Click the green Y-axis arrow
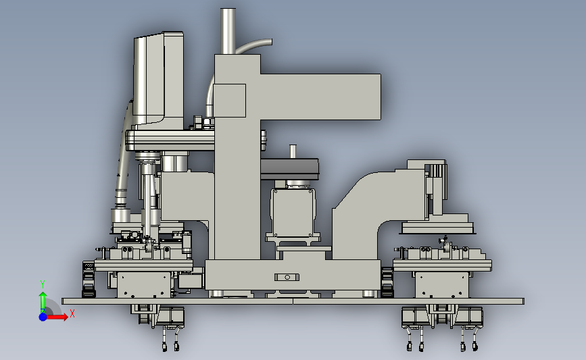tap(43, 302)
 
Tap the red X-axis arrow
tap(56, 317)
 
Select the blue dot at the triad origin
tap(43, 317)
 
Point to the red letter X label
tap(72, 313)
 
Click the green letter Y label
tap(43, 284)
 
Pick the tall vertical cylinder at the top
tap(228, 31)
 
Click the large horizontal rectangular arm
tap(320, 97)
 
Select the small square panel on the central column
tap(230, 101)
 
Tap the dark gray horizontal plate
tap(290, 168)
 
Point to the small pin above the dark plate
tap(293, 151)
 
